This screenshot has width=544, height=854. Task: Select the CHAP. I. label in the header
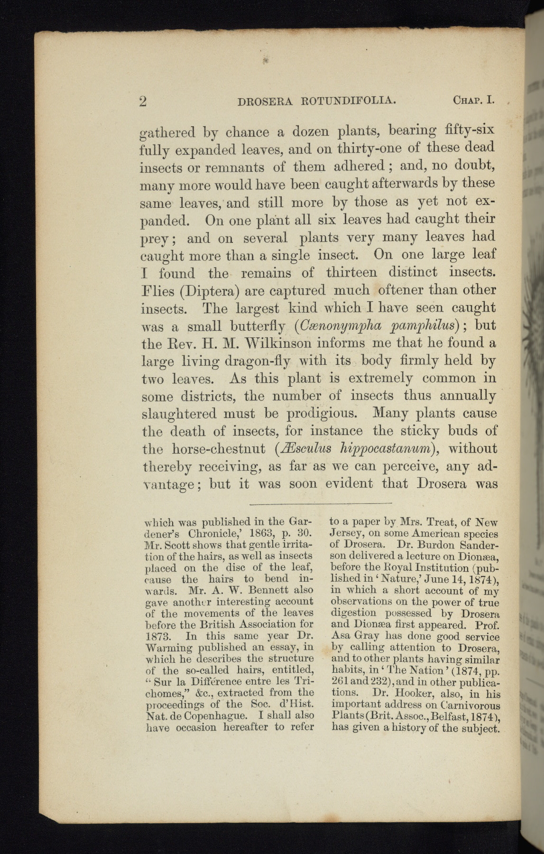click(474, 101)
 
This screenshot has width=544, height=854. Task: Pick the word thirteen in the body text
click(351, 273)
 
